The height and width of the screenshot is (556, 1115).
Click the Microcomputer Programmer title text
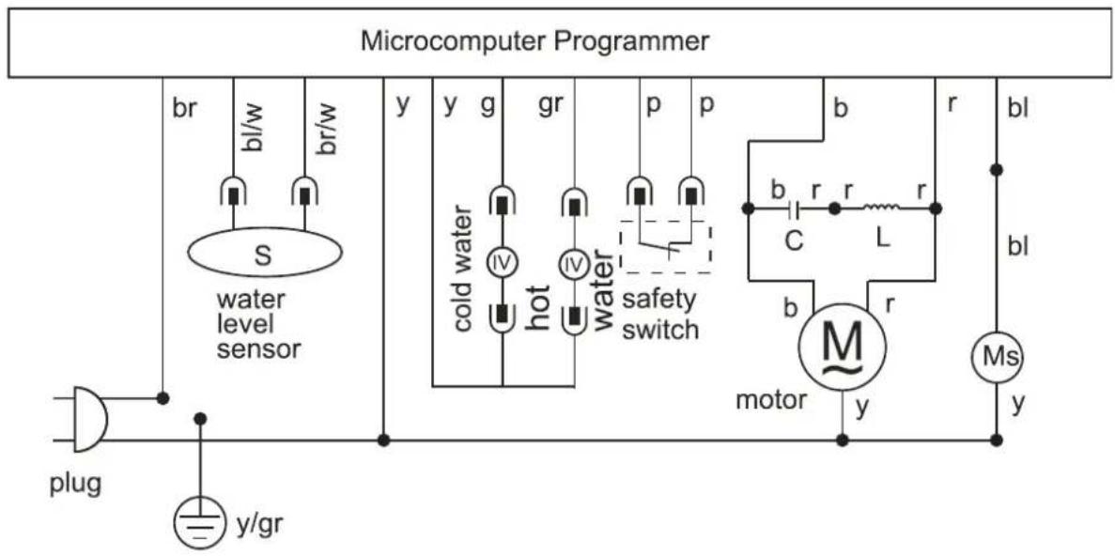[x=534, y=41]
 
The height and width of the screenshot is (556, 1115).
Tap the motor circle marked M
[x=843, y=347]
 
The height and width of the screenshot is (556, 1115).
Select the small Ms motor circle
[x=997, y=358]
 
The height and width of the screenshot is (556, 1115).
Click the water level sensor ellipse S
[x=265, y=253]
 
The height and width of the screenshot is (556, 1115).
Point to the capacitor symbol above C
[x=795, y=209]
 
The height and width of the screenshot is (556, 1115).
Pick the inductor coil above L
[x=882, y=208]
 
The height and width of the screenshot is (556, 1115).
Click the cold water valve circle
[x=502, y=265]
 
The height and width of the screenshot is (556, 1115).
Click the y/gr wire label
[x=262, y=527]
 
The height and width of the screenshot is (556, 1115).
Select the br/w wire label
[x=326, y=131]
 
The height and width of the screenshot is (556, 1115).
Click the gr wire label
[x=551, y=105]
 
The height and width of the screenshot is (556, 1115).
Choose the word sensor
[x=259, y=348]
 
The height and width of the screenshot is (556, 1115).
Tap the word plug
[x=75, y=485]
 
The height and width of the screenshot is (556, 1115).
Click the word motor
[x=771, y=399]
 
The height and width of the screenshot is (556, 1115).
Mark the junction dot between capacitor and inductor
[x=835, y=209]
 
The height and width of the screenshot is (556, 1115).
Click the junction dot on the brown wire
[x=163, y=398]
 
